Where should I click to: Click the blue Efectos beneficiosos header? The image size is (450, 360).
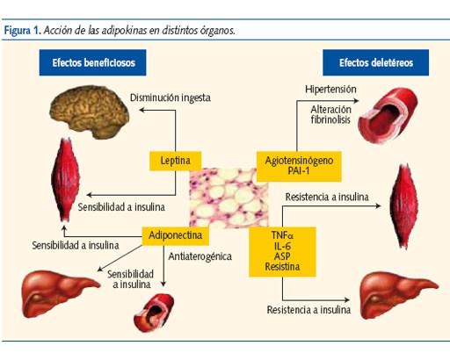click(91, 63)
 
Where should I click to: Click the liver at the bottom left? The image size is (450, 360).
click(56, 292)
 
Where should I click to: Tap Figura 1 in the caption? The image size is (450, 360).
click(23, 30)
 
